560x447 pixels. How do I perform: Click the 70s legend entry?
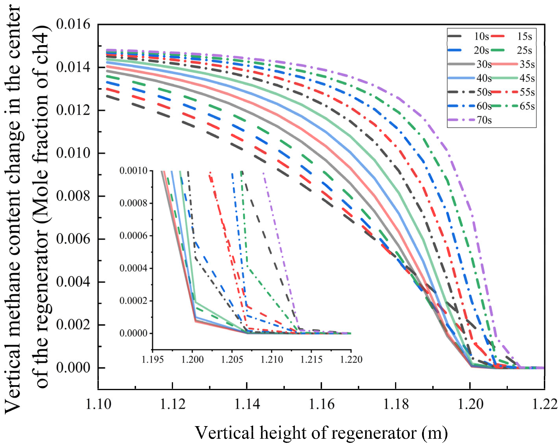[x=484, y=120]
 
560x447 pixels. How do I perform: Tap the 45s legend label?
[x=527, y=78]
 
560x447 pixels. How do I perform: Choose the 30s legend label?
[x=484, y=64]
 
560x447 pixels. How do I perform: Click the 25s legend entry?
[x=524, y=50]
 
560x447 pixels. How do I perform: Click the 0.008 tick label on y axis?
[x=73, y=196]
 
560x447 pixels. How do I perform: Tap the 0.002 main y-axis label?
[x=73, y=325]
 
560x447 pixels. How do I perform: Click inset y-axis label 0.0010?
[x=133, y=171]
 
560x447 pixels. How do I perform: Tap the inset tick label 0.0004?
[x=133, y=268]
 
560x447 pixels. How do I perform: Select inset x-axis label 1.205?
[x=232, y=359]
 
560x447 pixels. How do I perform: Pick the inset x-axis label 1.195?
[x=153, y=359]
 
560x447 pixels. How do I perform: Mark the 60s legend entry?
[x=484, y=106]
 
